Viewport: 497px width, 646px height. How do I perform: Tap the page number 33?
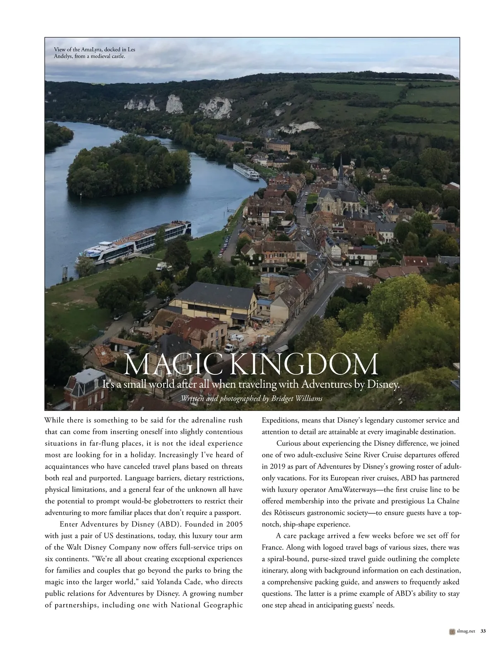pyautogui.click(x=483, y=631)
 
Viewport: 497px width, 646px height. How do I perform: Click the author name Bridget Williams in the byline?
pyautogui.click(x=296, y=398)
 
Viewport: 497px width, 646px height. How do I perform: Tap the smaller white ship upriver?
pyautogui.click(x=246, y=171)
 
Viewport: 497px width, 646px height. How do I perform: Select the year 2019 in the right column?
pyautogui.click(x=275, y=466)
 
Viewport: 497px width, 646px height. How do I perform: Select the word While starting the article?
pyautogui.click(x=55, y=420)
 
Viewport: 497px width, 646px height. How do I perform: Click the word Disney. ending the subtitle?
pyautogui.click(x=384, y=384)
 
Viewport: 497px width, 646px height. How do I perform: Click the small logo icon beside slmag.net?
pyautogui.click(x=452, y=631)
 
